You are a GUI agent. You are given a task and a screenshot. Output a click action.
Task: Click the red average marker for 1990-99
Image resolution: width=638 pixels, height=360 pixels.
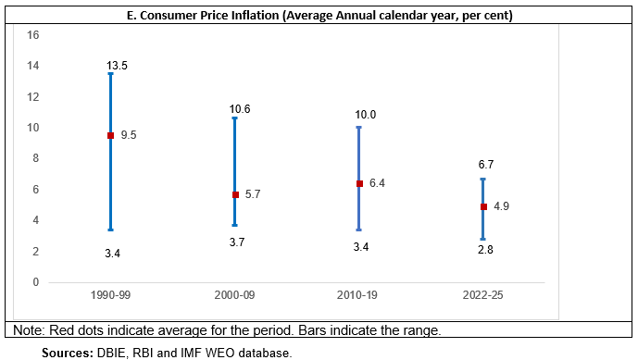click(110, 136)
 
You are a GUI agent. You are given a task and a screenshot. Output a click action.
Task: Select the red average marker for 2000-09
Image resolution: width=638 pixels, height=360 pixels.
click(235, 194)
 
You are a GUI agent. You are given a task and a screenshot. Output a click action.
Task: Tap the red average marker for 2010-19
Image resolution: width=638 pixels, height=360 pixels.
click(359, 183)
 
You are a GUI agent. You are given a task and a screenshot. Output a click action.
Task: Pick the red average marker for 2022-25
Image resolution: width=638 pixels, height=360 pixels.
click(483, 206)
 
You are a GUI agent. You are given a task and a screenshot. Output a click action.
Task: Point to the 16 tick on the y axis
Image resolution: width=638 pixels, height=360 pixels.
click(33, 35)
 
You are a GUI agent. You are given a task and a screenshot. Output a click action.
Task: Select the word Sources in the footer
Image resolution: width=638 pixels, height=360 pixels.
click(66, 353)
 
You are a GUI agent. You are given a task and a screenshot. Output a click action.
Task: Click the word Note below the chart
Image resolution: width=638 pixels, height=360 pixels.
click(30, 330)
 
